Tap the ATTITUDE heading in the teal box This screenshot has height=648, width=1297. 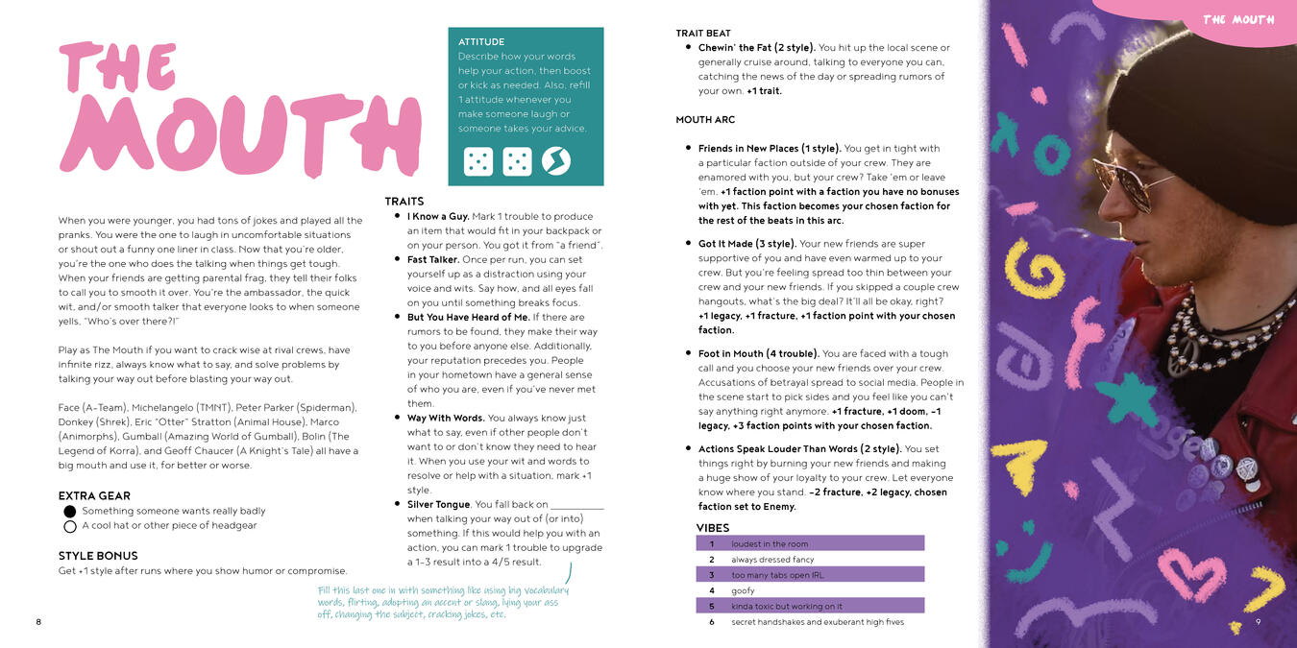coord(481,42)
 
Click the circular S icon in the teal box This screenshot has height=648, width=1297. coord(556,161)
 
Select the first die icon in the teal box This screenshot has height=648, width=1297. coord(478,161)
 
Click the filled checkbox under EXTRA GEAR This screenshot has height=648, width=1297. coord(70,512)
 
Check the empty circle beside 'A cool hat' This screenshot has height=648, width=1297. coord(70,526)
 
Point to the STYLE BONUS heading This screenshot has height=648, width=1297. coord(98,556)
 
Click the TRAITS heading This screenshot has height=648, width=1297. coord(404,202)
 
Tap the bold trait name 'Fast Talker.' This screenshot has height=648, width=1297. coord(432,260)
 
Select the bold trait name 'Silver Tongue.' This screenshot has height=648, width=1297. coord(439,504)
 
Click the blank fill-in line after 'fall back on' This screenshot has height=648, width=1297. coord(577,506)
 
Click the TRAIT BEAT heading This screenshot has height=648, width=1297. coord(703,34)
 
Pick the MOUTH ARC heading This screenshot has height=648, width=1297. coord(706,120)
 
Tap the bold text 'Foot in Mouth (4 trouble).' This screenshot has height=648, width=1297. coord(758,354)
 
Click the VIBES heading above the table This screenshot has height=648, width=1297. coord(713,528)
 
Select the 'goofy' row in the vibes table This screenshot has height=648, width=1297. coord(744,590)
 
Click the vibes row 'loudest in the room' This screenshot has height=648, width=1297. coord(770,544)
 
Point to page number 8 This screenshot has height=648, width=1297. coord(38,622)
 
